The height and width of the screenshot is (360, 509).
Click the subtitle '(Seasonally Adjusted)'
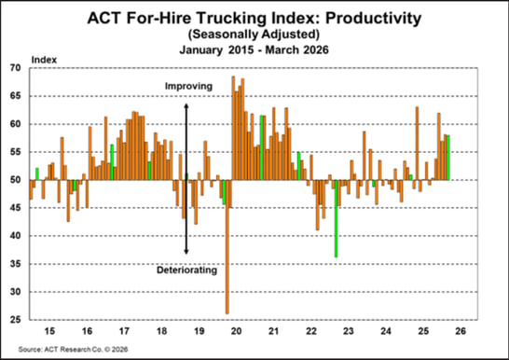click(x=254, y=33)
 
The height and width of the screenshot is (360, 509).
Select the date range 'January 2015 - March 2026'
click(x=254, y=48)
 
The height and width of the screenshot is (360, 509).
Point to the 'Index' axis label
click(x=44, y=60)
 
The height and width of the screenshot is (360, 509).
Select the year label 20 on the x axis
click(x=237, y=331)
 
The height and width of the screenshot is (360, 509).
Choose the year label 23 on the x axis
click(x=350, y=331)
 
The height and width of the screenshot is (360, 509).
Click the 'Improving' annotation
click(x=186, y=87)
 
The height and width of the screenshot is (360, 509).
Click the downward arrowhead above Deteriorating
click(x=186, y=250)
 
